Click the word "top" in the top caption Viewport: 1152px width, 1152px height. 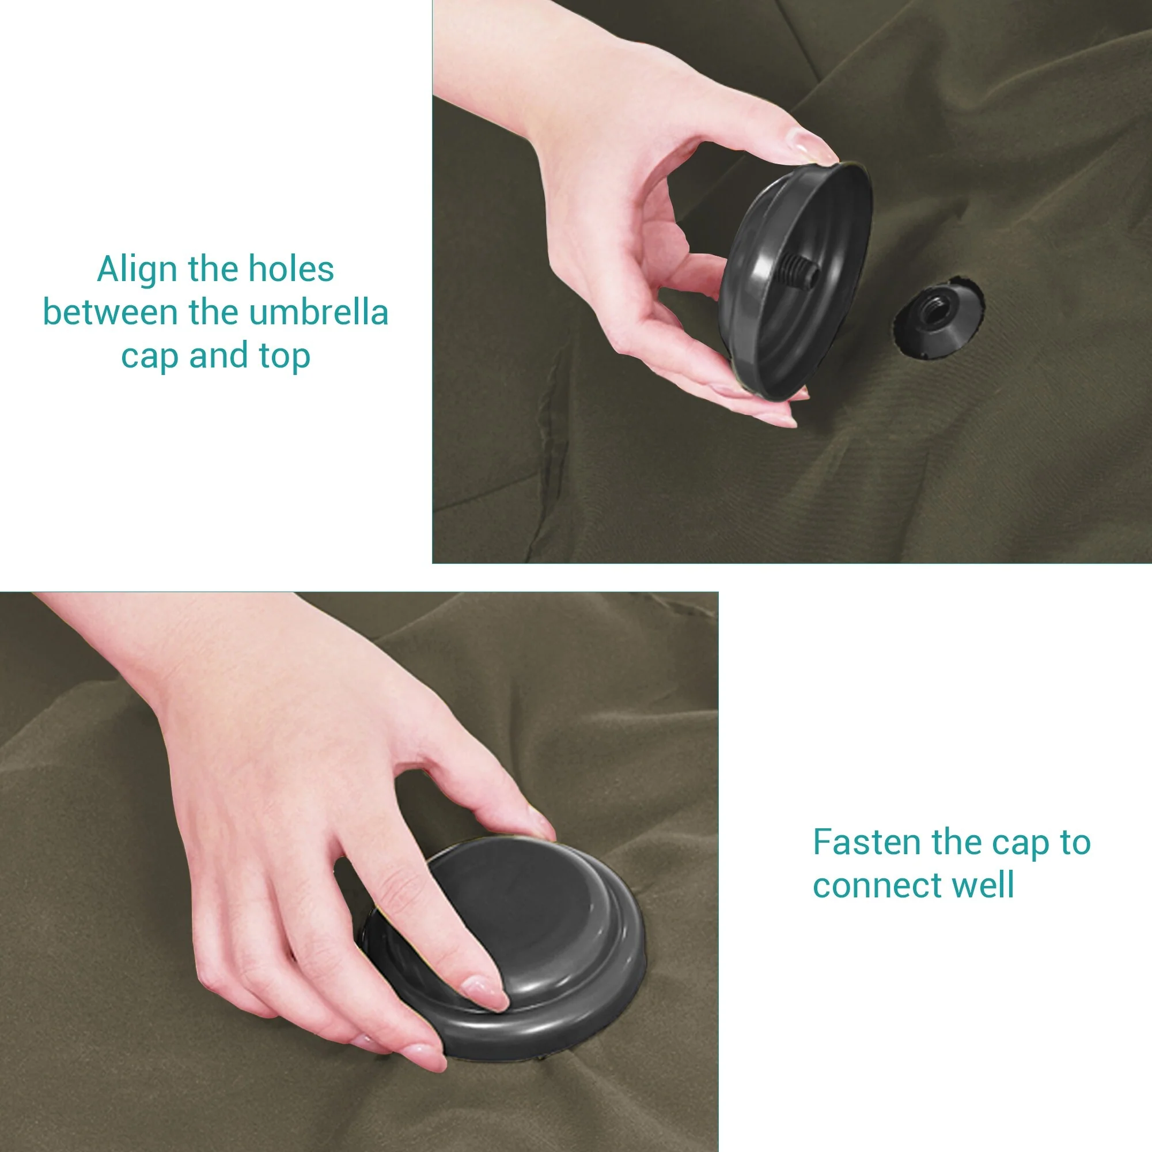285,357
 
